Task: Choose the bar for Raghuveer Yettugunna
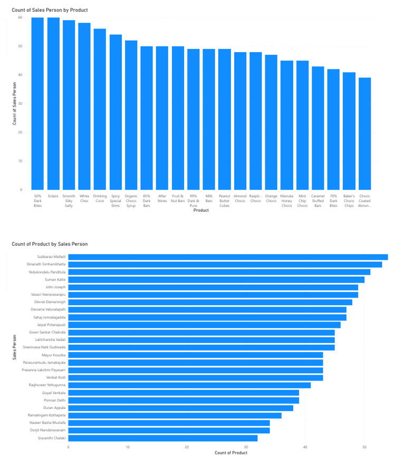tap(189, 385)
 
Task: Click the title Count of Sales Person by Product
tap(50, 10)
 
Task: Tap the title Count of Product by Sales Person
tap(50, 244)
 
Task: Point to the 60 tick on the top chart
tap(20, 17)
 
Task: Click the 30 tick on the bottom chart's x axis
tap(246, 447)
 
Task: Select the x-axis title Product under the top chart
tap(201, 210)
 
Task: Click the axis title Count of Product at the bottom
tap(231, 453)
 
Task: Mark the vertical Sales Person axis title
tap(14, 347)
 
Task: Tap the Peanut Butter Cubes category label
tap(224, 201)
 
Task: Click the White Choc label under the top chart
tap(84, 199)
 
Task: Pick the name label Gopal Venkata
tap(54, 393)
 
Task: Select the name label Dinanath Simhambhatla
tap(47, 264)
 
